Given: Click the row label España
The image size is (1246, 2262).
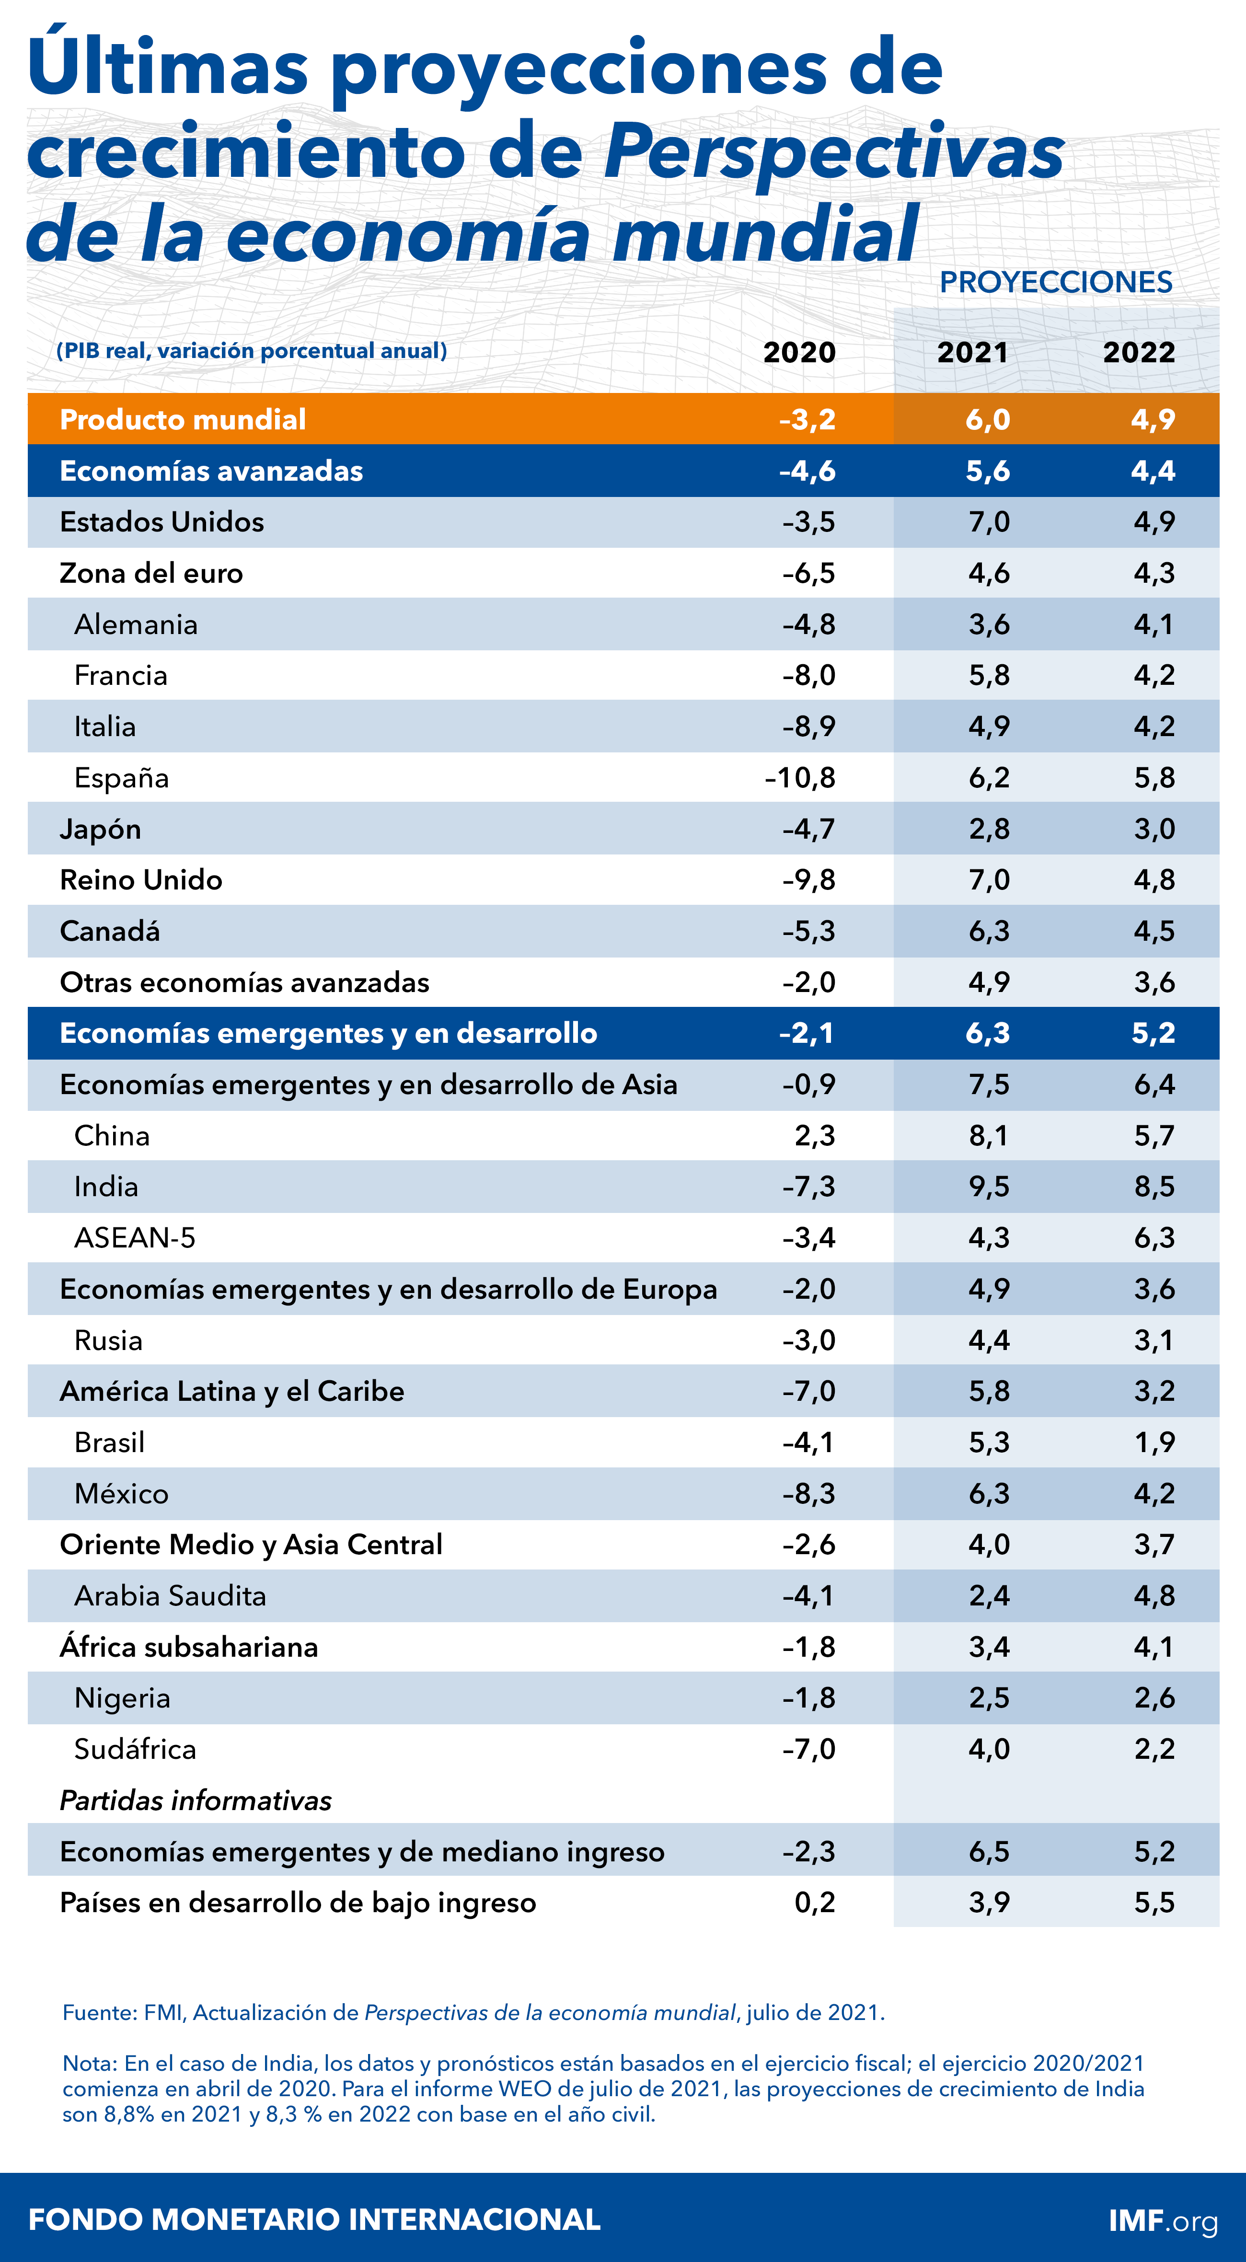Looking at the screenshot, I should pyautogui.click(x=121, y=778).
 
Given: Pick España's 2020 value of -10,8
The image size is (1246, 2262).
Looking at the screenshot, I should pyautogui.click(x=800, y=778).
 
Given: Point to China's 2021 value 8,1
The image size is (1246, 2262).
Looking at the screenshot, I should pyautogui.click(x=989, y=1136).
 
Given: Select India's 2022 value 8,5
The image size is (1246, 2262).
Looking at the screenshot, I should pyautogui.click(x=1154, y=1187).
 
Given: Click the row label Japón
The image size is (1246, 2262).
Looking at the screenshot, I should pyautogui.click(x=100, y=829).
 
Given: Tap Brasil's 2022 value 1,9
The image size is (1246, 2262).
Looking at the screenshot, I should pyautogui.click(x=1154, y=1443).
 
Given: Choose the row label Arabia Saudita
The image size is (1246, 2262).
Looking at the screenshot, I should pyautogui.click(x=170, y=1596).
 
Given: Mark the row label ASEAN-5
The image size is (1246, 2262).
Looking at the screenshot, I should pyautogui.click(x=134, y=1238).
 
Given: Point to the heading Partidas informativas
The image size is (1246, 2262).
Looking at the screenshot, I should pyautogui.click(x=195, y=1801).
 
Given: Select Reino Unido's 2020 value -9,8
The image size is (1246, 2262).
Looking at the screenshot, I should pyautogui.click(x=809, y=880).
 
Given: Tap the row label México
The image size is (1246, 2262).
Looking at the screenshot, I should pyautogui.click(x=121, y=1494).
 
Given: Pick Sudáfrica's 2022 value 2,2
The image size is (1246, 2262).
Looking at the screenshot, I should pyautogui.click(x=1154, y=1749).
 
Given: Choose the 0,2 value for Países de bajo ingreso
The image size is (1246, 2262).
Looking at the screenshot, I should pyautogui.click(x=814, y=1903).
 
